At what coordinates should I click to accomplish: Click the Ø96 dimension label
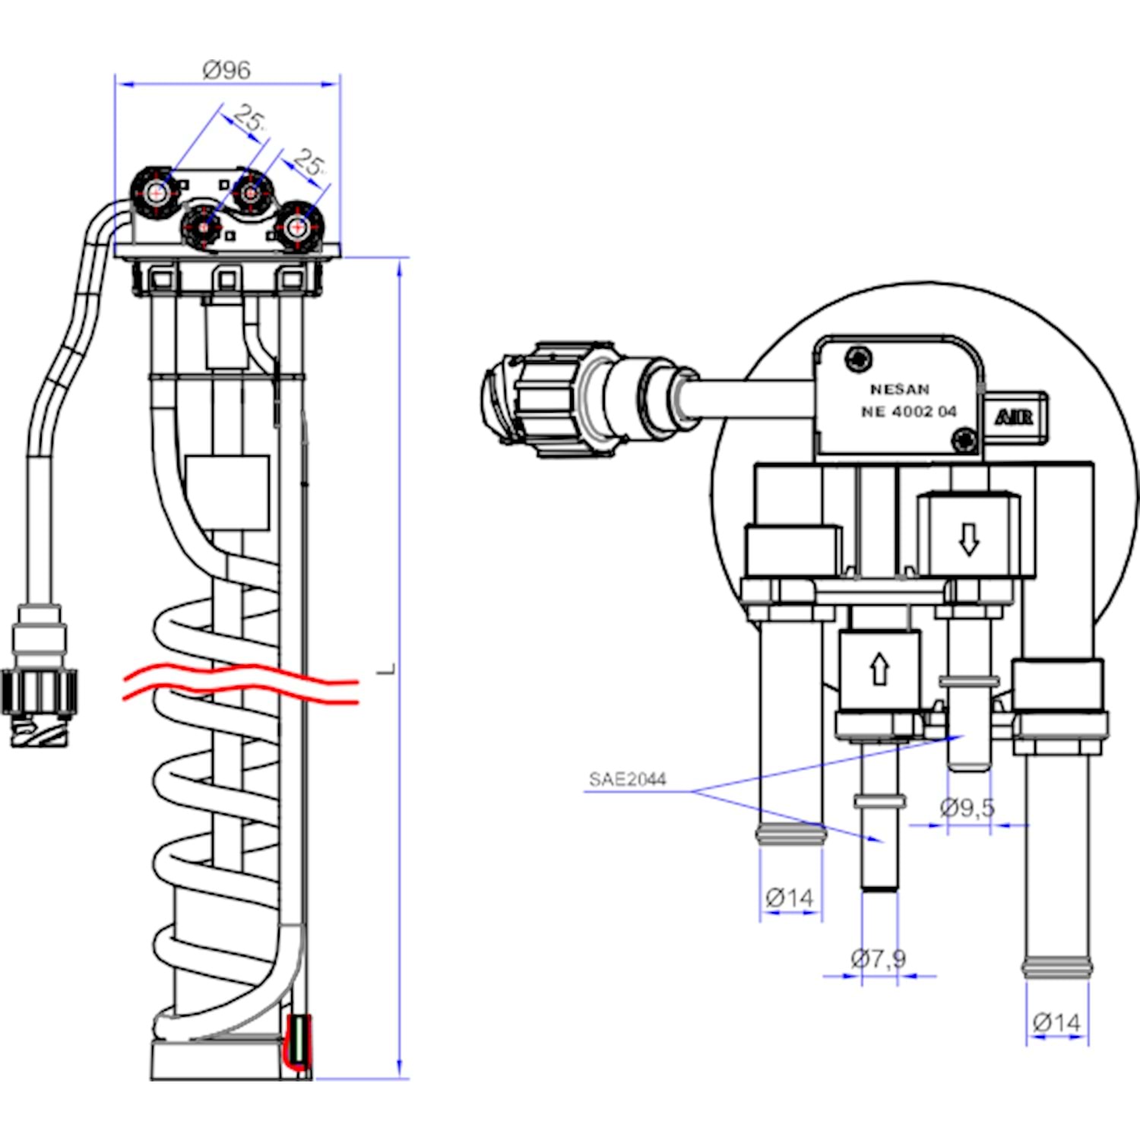pos(226,70)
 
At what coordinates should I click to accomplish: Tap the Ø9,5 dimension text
pos(967,807)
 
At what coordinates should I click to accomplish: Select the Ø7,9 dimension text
pos(879,958)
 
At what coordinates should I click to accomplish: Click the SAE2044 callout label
pos(627,779)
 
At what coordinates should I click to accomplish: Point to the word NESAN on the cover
pos(900,389)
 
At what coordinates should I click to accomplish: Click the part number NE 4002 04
pos(908,412)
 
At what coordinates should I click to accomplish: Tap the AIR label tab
pos(1015,416)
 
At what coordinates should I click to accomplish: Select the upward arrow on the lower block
pos(879,669)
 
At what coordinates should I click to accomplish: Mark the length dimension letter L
pos(388,669)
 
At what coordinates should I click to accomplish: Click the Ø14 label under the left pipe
pos(790,898)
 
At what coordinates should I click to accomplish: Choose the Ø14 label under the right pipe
pos(1056,1023)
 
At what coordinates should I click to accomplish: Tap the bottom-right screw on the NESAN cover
pos(964,439)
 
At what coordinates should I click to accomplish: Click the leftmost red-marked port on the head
pos(157,193)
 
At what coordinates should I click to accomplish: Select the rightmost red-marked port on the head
pos(299,226)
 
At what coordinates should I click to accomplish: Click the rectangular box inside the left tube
pos(227,492)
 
